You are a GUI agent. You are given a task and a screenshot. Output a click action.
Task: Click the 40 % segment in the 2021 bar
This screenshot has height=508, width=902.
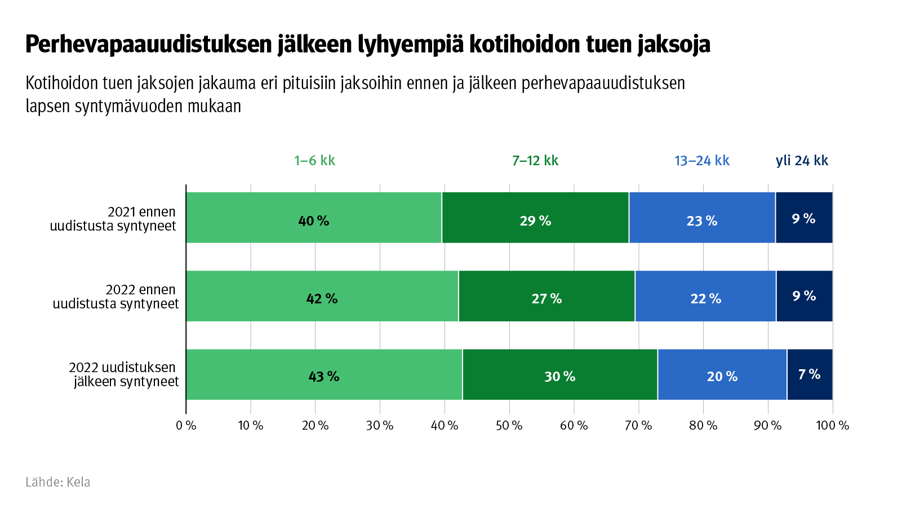point(313,218)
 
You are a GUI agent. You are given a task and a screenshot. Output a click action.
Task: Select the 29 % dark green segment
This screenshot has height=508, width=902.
point(535,218)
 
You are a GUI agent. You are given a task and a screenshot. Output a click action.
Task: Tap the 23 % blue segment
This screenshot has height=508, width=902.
point(702,218)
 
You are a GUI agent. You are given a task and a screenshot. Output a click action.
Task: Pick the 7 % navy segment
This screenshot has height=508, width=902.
point(810,374)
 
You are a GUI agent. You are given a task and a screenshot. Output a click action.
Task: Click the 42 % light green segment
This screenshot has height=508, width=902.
point(322,296)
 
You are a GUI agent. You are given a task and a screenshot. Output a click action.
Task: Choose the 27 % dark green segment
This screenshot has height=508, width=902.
point(546,296)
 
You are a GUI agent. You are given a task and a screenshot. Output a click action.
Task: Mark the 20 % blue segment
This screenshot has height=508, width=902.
point(722,374)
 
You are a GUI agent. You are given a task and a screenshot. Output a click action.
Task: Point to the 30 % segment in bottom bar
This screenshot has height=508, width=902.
point(559,374)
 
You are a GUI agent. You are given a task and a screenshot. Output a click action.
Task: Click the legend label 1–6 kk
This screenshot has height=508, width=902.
point(314,161)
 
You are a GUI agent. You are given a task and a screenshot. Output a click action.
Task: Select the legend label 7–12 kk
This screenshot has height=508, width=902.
point(535,161)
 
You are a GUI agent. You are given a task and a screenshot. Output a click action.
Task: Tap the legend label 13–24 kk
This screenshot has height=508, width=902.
point(702,161)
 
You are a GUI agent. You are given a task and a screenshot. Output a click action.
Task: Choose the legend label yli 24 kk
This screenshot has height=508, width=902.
point(802,161)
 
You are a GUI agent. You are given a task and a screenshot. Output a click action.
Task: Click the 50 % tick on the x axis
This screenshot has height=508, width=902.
point(509,425)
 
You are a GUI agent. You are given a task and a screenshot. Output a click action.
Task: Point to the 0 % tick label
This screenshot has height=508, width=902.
point(186,425)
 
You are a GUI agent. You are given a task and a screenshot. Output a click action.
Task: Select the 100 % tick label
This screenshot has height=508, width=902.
point(832,425)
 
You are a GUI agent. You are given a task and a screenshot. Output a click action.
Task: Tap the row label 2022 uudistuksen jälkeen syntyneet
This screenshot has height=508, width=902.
point(124,374)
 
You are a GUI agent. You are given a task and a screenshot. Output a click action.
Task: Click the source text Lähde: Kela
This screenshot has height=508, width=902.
point(58,482)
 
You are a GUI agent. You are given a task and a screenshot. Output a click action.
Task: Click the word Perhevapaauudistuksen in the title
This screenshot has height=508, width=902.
point(149,45)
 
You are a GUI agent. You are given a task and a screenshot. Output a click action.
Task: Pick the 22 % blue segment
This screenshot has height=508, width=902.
point(705,296)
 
